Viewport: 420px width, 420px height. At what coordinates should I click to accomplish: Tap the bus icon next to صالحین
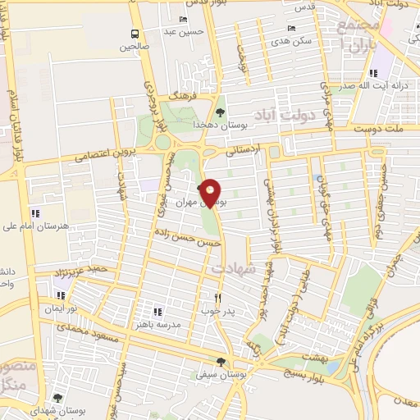pyautogui.click(x=134, y=34)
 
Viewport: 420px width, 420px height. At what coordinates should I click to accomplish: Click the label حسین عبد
pyautogui.click(x=182, y=32)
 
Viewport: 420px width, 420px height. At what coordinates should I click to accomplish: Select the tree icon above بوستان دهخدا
pyautogui.click(x=219, y=112)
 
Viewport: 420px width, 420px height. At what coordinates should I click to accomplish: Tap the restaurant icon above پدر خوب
pyautogui.click(x=217, y=298)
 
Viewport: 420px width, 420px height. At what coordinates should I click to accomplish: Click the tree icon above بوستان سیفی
pyautogui.click(x=220, y=362)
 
